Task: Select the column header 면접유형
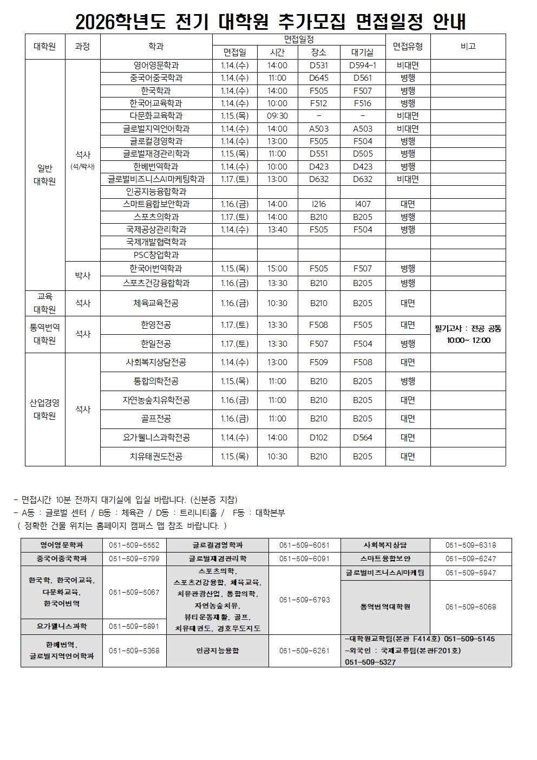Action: coord(408,46)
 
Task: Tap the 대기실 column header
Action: coord(362,53)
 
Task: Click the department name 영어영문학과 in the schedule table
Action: coord(156,66)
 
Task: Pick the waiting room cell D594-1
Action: coord(362,66)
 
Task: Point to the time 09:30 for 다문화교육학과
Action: coord(277,116)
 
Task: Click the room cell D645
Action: coord(319,78)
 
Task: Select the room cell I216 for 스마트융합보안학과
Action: coord(319,204)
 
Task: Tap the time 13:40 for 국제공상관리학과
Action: coord(277,230)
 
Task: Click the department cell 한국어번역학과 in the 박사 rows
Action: coord(156,269)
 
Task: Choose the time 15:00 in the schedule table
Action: coord(277,269)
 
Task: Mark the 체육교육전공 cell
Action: coord(156,303)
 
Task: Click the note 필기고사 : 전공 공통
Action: coord(468,328)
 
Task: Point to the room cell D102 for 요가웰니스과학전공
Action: coord(319,438)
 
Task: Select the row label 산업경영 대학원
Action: coord(45,410)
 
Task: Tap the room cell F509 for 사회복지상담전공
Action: coord(319,362)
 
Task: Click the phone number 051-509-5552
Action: coord(134,545)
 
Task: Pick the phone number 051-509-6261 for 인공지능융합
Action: coord(304,651)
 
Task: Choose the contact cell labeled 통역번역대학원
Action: coord(385,607)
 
